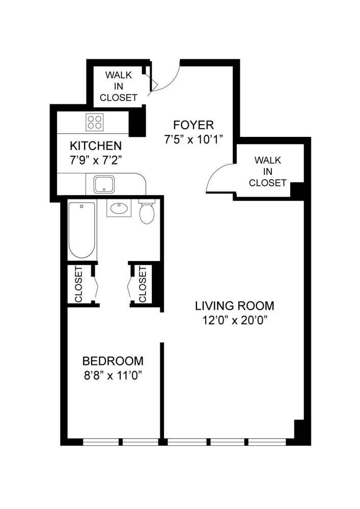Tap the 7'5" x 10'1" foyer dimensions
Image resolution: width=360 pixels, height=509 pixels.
[x=193, y=139]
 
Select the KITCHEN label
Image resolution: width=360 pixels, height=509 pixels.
[x=96, y=146]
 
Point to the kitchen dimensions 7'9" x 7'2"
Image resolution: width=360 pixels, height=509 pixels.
[x=96, y=159]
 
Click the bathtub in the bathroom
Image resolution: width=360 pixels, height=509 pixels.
[x=81, y=230]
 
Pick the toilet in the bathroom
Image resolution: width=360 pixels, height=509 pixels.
[x=147, y=212]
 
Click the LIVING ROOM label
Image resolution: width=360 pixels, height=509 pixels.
[x=235, y=306]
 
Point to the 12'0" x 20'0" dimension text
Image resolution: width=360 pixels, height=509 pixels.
[x=235, y=320]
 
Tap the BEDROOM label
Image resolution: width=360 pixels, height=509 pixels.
[x=113, y=361]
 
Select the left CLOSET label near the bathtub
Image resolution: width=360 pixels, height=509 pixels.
[x=79, y=285]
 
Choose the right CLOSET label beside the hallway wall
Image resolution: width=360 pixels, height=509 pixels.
[x=143, y=285]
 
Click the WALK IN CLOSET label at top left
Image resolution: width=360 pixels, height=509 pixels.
[x=119, y=86]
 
